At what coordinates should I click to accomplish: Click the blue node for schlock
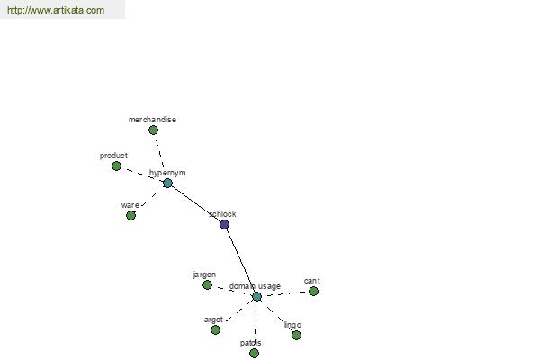(x=224, y=225)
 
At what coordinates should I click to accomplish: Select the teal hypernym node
(x=167, y=184)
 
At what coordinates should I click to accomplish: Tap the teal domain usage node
(x=256, y=297)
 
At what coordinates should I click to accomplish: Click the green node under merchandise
(x=153, y=130)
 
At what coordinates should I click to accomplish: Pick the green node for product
(x=116, y=166)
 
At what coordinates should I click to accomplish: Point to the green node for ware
(x=130, y=216)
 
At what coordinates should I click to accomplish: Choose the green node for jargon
(x=207, y=285)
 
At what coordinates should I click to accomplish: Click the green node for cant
(x=313, y=292)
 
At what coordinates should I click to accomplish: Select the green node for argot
(x=216, y=330)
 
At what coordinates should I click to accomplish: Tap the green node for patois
(x=254, y=353)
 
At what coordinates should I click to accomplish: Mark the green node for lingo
(x=296, y=335)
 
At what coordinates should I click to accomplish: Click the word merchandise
(x=152, y=120)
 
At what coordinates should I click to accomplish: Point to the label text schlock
(x=222, y=214)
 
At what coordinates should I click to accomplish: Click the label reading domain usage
(x=255, y=286)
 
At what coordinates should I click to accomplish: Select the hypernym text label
(x=167, y=173)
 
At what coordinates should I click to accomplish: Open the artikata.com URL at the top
(x=56, y=10)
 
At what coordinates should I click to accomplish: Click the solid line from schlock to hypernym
(x=196, y=204)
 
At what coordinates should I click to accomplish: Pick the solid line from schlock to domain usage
(x=240, y=260)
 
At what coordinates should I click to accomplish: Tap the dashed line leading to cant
(x=285, y=293)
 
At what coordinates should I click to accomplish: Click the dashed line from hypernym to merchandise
(x=160, y=157)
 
